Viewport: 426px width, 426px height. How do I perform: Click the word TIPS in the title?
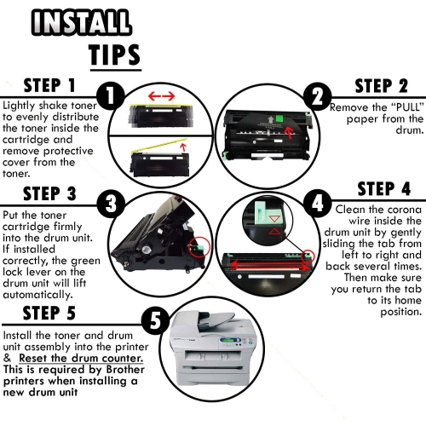[114, 55]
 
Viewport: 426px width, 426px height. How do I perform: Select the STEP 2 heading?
[380, 85]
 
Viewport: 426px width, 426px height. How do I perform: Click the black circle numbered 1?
[110, 94]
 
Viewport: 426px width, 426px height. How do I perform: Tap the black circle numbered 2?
[317, 95]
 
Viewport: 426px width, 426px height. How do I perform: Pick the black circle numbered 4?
[317, 204]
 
